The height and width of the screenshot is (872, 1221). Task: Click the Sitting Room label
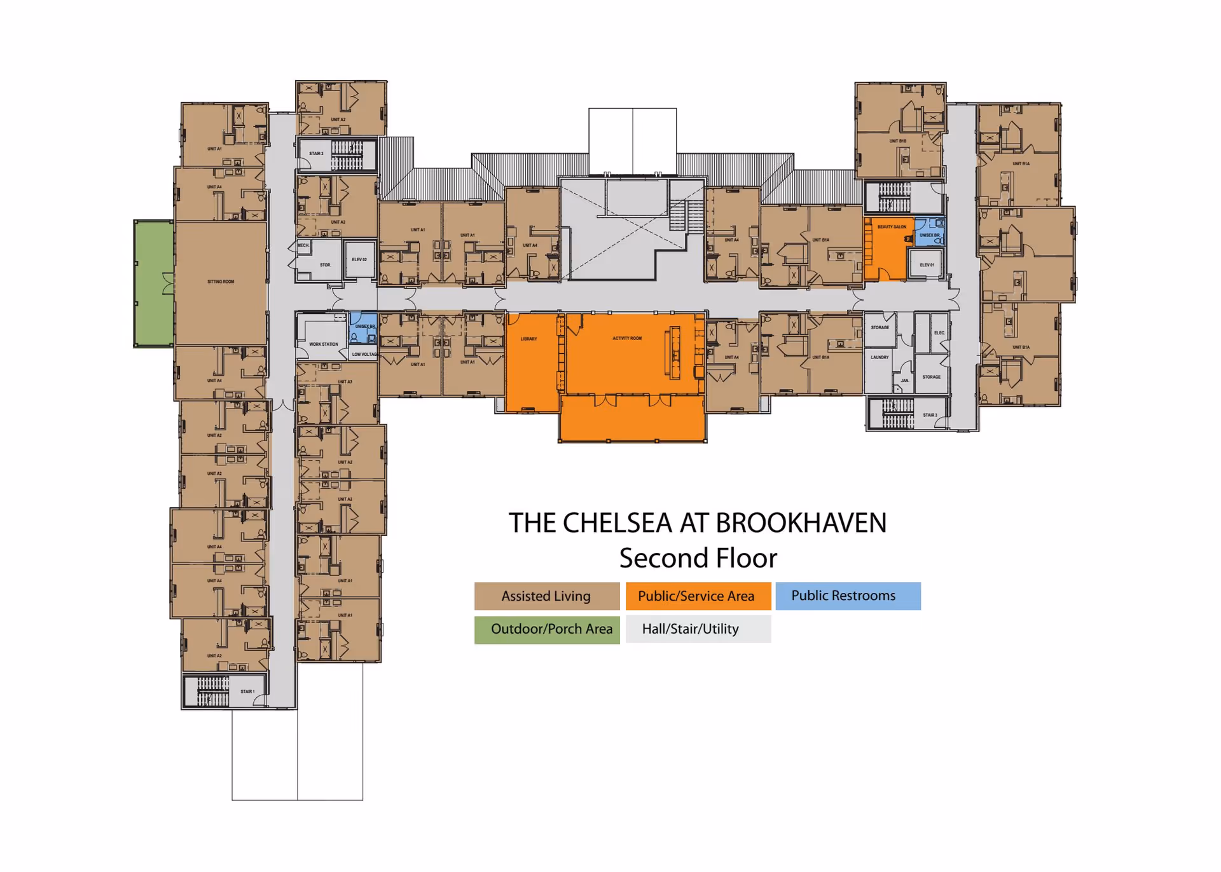click(x=221, y=282)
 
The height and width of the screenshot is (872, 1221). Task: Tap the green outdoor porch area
click(x=154, y=283)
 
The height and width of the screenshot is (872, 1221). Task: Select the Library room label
click(x=528, y=339)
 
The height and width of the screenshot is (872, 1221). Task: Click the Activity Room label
click(x=627, y=339)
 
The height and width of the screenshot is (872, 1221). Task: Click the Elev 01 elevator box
click(x=927, y=264)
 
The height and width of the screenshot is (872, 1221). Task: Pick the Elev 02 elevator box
click(x=359, y=259)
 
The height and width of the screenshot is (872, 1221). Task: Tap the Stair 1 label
click(x=247, y=691)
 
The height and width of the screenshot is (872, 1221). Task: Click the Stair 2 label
click(x=316, y=154)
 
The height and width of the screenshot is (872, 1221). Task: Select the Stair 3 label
click(x=930, y=415)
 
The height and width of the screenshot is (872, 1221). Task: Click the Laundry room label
click(x=880, y=358)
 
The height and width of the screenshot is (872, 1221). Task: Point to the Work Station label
click(x=324, y=344)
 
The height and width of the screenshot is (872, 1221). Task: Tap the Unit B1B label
click(x=897, y=141)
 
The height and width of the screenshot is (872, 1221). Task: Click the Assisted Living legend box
click(x=546, y=596)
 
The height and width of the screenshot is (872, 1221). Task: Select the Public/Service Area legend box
click(x=698, y=596)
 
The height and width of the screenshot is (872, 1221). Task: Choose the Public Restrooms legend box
click(x=847, y=596)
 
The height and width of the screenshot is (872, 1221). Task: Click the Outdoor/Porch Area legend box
click(x=546, y=629)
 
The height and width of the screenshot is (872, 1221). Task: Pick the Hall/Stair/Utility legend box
click(x=698, y=629)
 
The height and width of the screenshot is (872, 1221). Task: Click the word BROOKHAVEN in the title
click(x=801, y=523)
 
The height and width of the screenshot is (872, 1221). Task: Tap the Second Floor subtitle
click(x=698, y=558)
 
